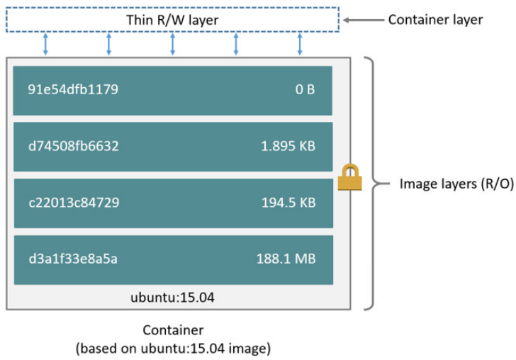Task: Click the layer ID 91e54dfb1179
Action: click(x=73, y=90)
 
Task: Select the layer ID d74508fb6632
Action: click(x=74, y=147)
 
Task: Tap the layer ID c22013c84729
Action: click(x=74, y=203)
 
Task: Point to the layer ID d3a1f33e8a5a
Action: click(x=73, y=259)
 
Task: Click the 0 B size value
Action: click(x=305, y=90)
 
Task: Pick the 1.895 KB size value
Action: click(x=286, y=147)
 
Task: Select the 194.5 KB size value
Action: click(x=286, y=203)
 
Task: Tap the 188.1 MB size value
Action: click(x=286, y=259)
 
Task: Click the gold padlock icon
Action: click(x=349, y=177)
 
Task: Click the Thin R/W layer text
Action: click(x=172, y=21)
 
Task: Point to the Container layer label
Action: click(x=435, y=20)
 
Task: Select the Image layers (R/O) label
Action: click(x=447, y=184)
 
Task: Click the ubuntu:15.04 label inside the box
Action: click(x=172, y=298)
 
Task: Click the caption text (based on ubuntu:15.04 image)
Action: click(x=173, y=348)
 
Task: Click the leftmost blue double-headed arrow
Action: click(x=45, y=43)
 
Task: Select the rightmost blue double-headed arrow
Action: click(x=300, y=43)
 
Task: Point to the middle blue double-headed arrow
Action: click(x=172, y=43)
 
